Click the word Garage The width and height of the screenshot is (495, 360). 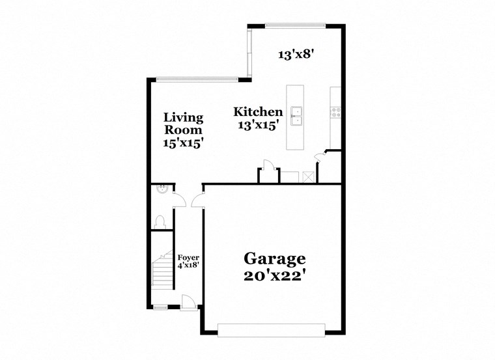[x=274, y=258]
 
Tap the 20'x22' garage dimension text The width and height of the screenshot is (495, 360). [x=274, y=275]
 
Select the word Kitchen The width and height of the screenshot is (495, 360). [x=258, y=112]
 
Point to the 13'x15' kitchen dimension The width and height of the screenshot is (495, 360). [x=258, y=126]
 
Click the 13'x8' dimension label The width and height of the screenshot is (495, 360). [x=296, y=55]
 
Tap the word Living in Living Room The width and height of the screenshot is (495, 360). [x=183, y=118]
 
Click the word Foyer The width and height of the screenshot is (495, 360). [x=188, y=258]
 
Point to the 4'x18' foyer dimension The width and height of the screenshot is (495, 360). [x=188, y=266]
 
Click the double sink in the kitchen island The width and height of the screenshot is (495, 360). [x=296, y=116]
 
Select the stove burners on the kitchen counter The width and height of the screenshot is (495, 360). [x=336, y=112]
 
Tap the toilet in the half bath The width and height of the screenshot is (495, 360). [x=160, y=221]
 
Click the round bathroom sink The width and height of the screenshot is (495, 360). [x=163, y=189]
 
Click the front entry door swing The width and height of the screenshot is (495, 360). [x=188, y=301]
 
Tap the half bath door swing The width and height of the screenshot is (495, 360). [x=180, y=201]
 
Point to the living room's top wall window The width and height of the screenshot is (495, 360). [x=197, y=80]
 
